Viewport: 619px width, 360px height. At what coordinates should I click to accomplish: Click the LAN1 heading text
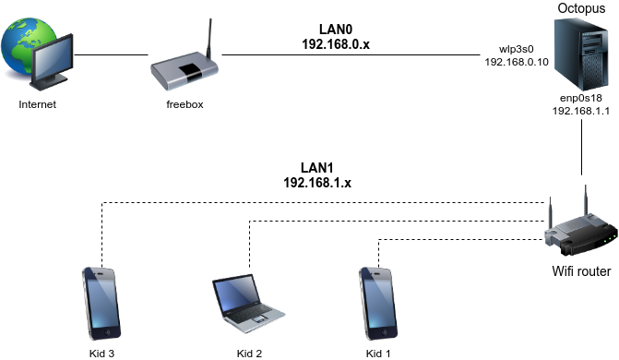click(x=318, y=169)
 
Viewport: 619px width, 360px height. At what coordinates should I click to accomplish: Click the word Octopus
click(x=580, y=8)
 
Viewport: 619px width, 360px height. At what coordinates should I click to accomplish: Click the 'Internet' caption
click(x=38, y=104)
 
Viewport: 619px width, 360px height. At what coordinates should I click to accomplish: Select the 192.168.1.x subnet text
click(x=318, y=183)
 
